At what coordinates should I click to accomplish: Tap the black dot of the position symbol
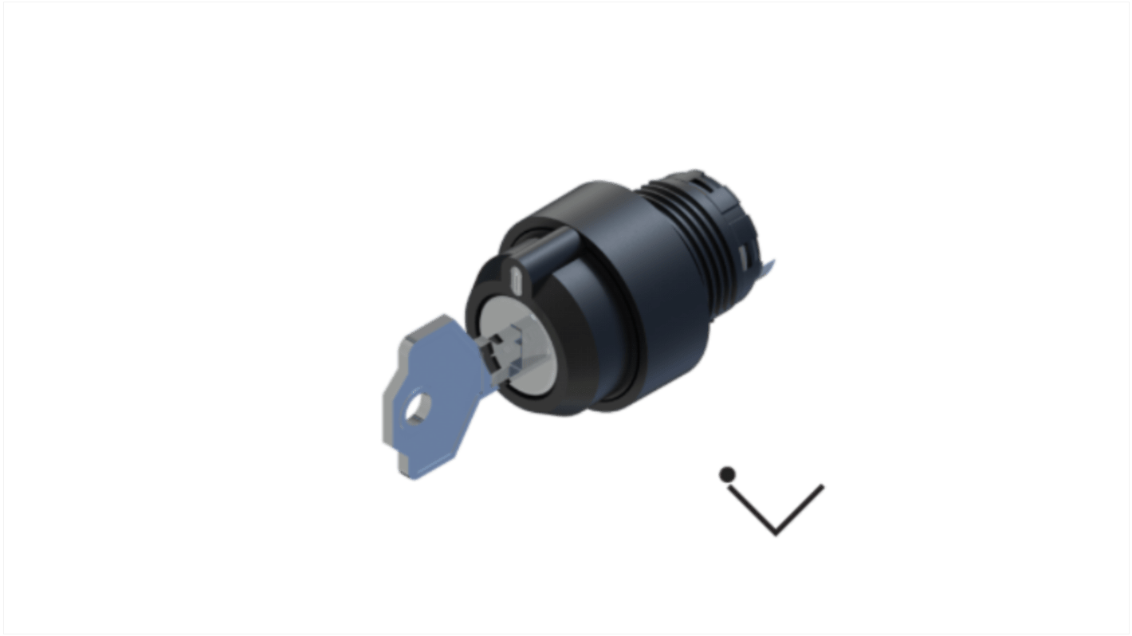(727, 475)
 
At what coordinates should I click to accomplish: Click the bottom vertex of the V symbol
(776, 532)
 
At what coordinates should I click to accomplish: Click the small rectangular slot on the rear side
(743, 255)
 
